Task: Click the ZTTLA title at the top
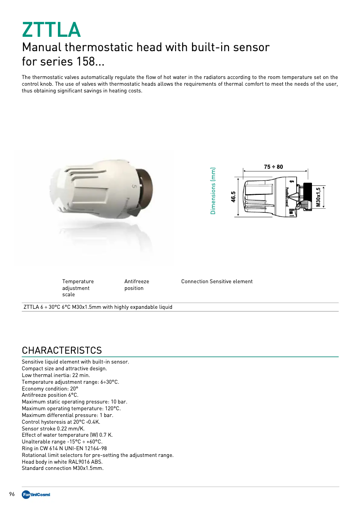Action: coord(51,29)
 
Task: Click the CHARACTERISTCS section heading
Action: coord(62,350)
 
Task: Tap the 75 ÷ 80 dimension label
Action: coord(273,167)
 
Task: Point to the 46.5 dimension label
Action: coord(233,197)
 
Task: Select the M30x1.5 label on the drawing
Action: coord(318,197)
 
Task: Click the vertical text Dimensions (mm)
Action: coord(213,191)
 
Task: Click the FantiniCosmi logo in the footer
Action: coord(36,494)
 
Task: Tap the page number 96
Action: coord(12,494)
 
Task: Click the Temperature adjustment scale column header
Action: coord(78,288)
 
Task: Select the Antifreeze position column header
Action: coord(136,285)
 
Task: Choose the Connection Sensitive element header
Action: coord(217,281)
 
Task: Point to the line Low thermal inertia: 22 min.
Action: coord(56,375)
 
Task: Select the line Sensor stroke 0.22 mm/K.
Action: coord(53,428)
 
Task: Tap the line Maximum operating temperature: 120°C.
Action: coord(71,408)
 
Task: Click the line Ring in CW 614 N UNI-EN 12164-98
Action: coord(64,448)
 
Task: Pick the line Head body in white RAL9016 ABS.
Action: coord(62,461)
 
